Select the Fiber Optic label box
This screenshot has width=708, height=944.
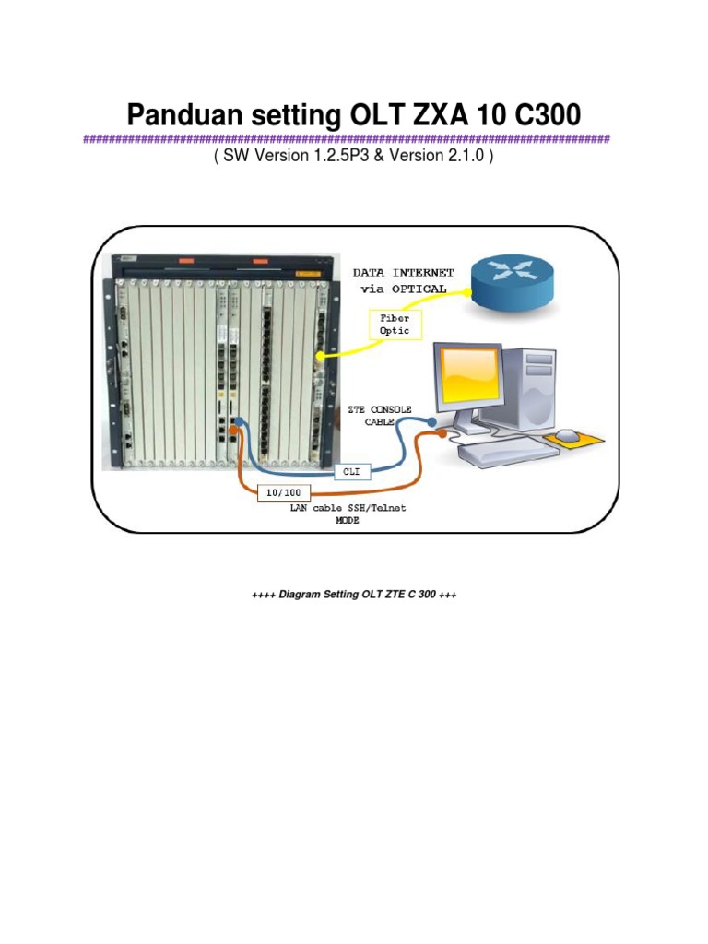pos(395,324)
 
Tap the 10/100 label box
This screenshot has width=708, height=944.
pos(278,492)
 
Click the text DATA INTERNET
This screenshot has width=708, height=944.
pos(404,273)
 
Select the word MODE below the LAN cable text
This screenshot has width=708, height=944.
pos(348,520)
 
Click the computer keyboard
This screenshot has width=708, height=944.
pos(508,451)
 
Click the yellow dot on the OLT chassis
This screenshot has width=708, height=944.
pos(320,355)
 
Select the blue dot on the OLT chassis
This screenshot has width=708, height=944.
pos(238,424)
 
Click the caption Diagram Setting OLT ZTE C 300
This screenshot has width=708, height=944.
pos(354,596)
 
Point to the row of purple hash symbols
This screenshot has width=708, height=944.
pos(347,139)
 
